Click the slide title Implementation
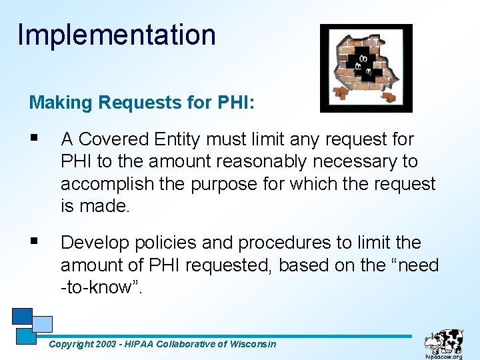tap(117, 35)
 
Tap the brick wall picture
tap(366, 68)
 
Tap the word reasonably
tap(253, 161)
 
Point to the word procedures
tap(287, 243)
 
